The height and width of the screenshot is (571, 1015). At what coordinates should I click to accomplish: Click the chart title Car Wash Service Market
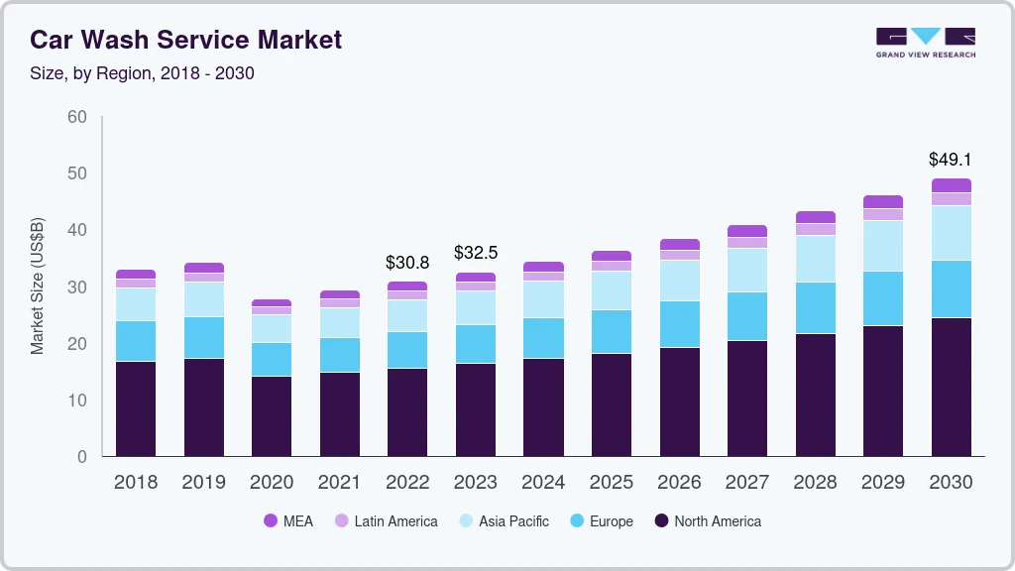[x=185, y=40]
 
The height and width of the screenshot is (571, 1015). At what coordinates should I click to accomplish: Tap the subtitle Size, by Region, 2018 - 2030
[x=142, y=73]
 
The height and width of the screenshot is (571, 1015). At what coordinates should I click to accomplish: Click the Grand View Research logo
[x=925, y=43]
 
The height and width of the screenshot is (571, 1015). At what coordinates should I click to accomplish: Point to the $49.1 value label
[x=950, y=159]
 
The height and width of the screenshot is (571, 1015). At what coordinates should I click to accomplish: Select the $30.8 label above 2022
[x=406, y=263]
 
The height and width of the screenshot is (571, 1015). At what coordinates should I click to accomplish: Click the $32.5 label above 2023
[x=475, y=253]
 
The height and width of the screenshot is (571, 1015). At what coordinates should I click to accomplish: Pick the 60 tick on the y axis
[x=76, y=117]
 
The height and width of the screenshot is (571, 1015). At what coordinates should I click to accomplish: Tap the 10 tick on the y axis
[x=76, y=400]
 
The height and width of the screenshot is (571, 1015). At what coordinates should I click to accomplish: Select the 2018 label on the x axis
[x=136, y=483]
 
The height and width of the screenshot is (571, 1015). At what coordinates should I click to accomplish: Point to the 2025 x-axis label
[x=611, y=483]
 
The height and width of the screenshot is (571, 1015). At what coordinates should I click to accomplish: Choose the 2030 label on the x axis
[x=950, y=483]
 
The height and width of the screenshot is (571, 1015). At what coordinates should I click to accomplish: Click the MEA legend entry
[x=288, y=521]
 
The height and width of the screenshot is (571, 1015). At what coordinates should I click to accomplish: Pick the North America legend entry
[x=707, y=521]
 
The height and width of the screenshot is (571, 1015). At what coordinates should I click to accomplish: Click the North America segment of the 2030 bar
[x=951, y=387]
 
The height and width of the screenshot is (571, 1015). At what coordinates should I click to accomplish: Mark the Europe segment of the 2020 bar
[x=272, y=359]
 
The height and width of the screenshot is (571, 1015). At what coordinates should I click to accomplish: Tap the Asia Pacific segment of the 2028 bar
[x=815, y=259]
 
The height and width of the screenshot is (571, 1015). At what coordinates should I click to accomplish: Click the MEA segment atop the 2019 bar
[x=203, y=268]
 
